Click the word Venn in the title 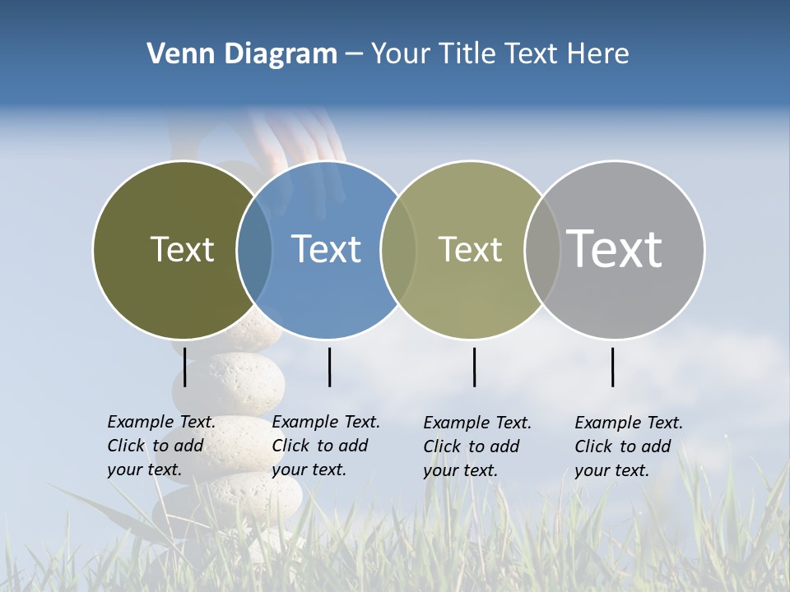(x=174, y=54)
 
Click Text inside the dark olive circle (x=182, y=249)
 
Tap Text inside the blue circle (x=326, y=249)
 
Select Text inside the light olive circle (x=470, y=249)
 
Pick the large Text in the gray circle (x=615, y=248)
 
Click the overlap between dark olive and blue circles (x=254, y=249)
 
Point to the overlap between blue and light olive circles (x=398, y=249)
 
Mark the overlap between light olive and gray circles (x=542, y=249)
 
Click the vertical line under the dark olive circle (x=185, y=367)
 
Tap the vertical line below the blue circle (x=329, y=367)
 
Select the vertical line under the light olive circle (x=475, y=367)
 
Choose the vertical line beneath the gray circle (x=613, y=367)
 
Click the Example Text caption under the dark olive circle (x=160, y=446)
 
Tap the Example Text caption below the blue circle (x=325, y=446)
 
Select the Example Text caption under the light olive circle (x=476, y=446)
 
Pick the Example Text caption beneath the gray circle (x=628, y=446)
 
